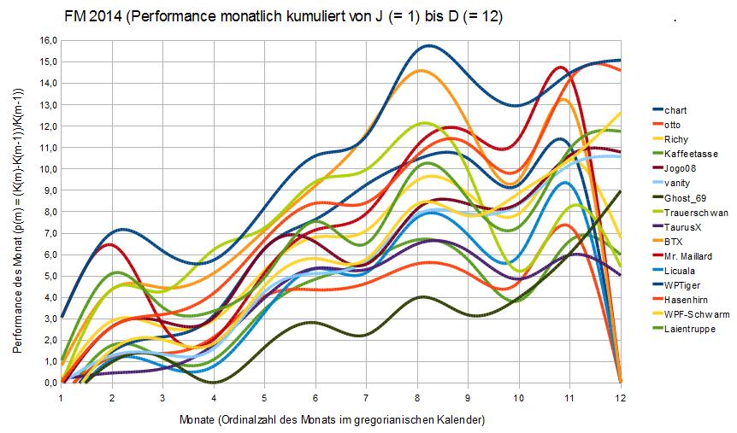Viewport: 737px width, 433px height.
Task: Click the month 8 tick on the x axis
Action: coord(416,396)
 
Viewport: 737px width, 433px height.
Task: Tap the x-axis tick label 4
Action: coord(214,396)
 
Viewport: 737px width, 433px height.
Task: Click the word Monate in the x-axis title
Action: coord(198,420)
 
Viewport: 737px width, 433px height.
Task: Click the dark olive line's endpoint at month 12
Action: coord(620,192)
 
